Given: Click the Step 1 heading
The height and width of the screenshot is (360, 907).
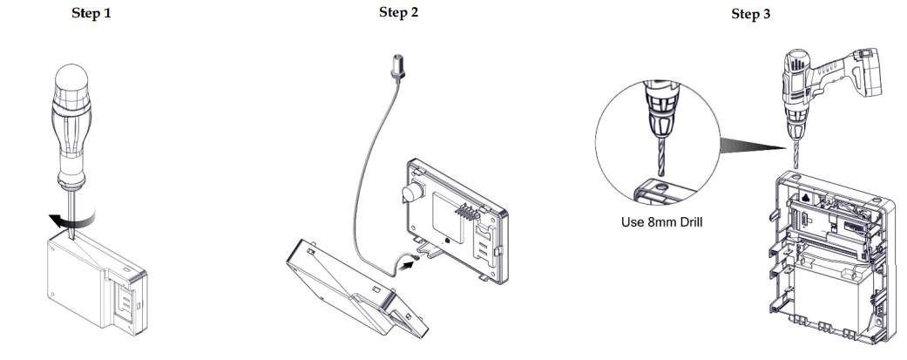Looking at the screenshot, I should [91, 15].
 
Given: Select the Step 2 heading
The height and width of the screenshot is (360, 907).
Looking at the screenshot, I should [399, 12].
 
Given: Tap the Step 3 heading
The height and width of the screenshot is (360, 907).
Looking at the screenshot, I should [750, 15].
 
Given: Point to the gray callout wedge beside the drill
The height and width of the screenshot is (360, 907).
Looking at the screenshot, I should [750, 141].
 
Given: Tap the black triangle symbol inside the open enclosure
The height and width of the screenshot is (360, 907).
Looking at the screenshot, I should [807, 198].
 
